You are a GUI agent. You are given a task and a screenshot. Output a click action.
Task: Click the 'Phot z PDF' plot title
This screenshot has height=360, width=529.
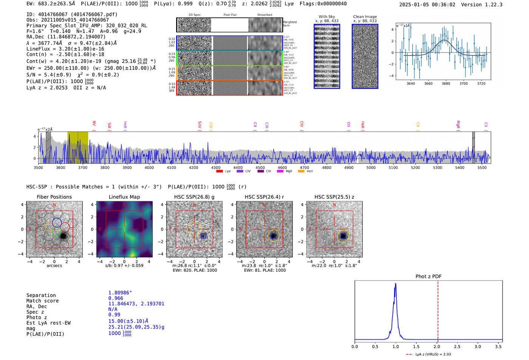(x=428, y=276)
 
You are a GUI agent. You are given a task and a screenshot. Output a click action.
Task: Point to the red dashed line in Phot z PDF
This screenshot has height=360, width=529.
(x=438, y=310)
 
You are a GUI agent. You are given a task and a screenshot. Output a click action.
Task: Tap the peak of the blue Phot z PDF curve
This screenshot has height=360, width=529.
(x=396, y=284)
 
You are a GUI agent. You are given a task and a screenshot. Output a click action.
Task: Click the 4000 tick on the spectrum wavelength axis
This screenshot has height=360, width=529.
(x=149, y=167)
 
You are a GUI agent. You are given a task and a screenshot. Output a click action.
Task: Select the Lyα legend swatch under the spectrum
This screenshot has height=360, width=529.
(x=220, y=171)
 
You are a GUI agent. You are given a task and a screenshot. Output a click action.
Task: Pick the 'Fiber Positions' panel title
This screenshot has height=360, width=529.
(x=54, y=197)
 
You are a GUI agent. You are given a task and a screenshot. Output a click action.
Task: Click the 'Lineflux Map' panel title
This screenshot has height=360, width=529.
(x=124, y=197)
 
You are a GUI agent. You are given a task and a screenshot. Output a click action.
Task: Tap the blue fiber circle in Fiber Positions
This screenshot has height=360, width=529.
(x=57, y=222)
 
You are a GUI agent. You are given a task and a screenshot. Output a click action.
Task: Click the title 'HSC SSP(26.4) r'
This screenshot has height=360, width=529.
(x=264, y=197)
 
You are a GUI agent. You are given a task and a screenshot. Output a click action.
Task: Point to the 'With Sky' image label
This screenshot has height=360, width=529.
(x=327, y=17)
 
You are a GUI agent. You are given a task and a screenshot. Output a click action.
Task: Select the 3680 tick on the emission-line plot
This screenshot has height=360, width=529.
(x=446, y=83)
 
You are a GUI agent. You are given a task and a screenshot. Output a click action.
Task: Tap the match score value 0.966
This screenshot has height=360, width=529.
(x=116, y=298)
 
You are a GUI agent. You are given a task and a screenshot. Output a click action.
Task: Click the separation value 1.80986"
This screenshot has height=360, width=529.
(x=120, y=293)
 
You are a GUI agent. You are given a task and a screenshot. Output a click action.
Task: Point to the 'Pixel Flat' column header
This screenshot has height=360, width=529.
(x=230, y=15)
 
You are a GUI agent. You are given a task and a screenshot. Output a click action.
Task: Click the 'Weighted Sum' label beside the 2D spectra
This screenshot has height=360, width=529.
(x=290, y=23)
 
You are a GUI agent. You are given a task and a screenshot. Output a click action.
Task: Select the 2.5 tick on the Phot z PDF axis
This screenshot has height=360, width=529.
(x=457, y=346)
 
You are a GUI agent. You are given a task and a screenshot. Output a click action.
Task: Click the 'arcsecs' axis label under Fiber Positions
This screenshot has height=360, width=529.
(x=54, y=266)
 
